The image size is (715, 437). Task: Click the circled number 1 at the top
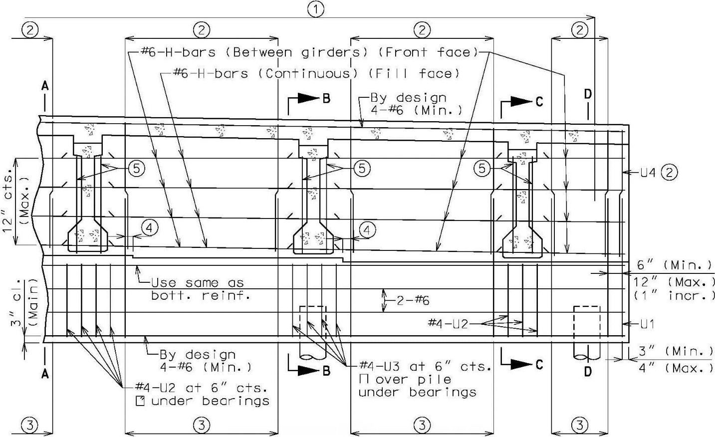coord(316,10)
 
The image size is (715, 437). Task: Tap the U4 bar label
coord(648,173)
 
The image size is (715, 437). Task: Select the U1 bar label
coord(647,324)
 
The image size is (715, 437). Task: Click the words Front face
coord(428,52)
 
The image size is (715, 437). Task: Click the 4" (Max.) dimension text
coord(676,368)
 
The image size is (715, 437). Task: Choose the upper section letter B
coord(326,99)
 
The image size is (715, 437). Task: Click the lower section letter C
coord(539,364)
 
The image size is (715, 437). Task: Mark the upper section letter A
coord(45,85)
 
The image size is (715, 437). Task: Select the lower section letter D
coord(588,371)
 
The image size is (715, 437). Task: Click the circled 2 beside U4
coord(670,173)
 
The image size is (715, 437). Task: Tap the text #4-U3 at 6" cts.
coord(425,367)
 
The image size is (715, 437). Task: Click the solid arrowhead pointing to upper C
coord(521,101)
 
